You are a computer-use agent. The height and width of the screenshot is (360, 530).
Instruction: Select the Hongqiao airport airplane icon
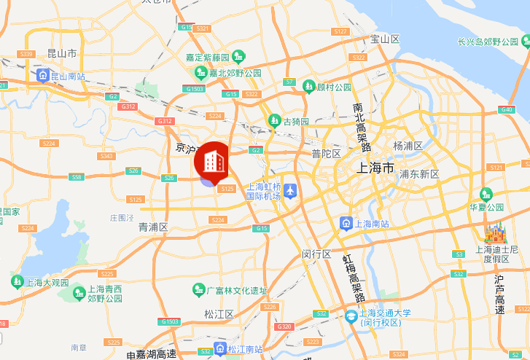point(291,190)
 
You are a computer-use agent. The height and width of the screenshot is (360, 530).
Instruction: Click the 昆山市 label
point(62,53)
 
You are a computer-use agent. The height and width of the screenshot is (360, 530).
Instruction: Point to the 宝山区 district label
point(385,39)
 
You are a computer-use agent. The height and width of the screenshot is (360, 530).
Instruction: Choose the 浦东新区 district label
point(419,174)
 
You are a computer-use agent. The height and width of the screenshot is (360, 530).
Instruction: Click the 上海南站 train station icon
point(348,223)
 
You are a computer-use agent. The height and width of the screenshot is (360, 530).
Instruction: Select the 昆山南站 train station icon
point(44,75)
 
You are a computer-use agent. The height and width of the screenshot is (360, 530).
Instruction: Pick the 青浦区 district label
point(154,227)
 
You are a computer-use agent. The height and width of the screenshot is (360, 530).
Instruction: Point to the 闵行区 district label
point(316,254)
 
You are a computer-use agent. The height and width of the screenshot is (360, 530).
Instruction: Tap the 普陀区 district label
point(326,153)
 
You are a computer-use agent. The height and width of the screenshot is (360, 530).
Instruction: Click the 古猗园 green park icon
point(275,120)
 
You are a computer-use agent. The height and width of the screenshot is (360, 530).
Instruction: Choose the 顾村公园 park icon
point(309,87)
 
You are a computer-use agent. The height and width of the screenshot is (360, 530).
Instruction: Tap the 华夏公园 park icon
point(486,194)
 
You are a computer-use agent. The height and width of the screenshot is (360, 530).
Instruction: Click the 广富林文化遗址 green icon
point(198,290)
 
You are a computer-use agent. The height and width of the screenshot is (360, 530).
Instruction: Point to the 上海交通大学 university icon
point(351,317)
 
